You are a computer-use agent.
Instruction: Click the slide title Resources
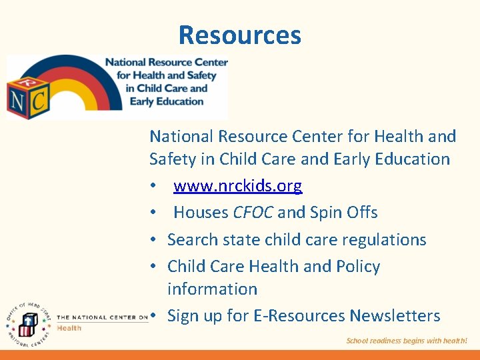coord(240,35)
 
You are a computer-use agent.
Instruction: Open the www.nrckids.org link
coord(237,186)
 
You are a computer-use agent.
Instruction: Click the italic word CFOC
coord(253,213)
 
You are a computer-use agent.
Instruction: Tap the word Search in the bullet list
coord(192,239)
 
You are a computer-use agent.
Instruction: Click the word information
coord(212,289)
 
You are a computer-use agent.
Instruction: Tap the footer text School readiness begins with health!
coord(407,341)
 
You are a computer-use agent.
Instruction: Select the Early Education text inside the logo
coord(166,101)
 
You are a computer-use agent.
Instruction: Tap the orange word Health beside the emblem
coord(69,327)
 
